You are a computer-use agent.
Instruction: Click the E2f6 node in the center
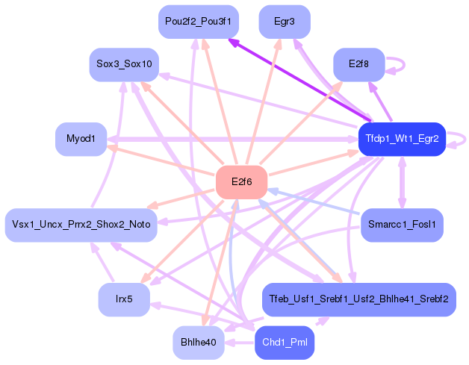[241, 182]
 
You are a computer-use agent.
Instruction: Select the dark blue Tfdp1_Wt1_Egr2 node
[402, 139]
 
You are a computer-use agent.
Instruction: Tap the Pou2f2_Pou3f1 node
[199, 22]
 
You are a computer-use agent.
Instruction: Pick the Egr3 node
[284, 22]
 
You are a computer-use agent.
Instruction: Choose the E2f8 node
[359, 65]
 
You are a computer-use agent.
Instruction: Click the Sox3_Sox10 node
[124, 65]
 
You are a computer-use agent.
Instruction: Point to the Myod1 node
[81, 139]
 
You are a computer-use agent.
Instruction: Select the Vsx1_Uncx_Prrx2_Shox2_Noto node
[81, 225]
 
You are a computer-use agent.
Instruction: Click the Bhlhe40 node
[199, 343]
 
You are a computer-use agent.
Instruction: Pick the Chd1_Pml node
[284, 343]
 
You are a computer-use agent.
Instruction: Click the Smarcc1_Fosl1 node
[402, 225]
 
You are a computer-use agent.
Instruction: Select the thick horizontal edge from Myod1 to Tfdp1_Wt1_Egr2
[232, 139]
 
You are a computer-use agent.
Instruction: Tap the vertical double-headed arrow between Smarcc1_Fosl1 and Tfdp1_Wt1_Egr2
[402, 182]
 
